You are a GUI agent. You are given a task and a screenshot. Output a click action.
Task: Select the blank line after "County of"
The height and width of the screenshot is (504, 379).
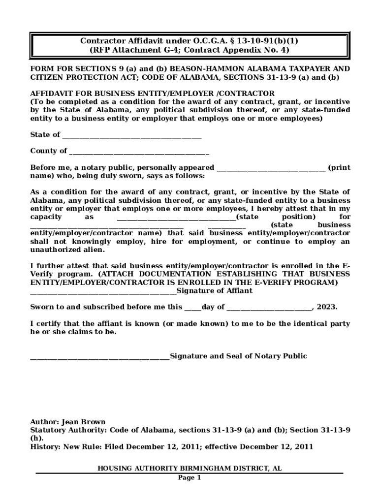click(139, 152)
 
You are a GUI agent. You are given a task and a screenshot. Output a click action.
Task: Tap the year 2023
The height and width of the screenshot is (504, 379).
click(327, 307)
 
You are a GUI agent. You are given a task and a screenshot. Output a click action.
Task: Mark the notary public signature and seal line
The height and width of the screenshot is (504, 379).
click(99, 357)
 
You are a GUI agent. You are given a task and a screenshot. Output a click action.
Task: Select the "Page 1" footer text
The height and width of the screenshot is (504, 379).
click(189, 477)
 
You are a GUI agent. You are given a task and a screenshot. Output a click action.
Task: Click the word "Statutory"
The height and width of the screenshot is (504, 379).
click(48, 430)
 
